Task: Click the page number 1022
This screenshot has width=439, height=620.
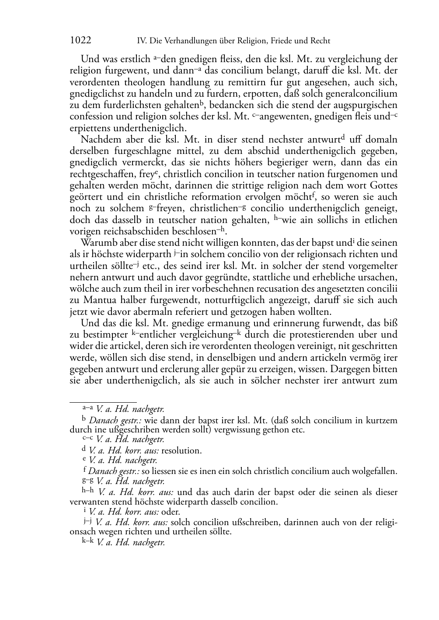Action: (x=80, y=41)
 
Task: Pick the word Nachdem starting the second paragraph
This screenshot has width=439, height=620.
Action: (x=97, y=139)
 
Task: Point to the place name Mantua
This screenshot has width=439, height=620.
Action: (x=97, y=300)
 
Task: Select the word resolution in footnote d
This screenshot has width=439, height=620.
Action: (x=181, y=450)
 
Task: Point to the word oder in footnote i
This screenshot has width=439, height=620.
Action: (x=171, y=512)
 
